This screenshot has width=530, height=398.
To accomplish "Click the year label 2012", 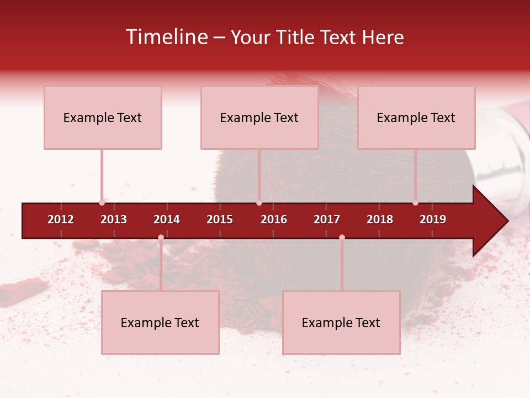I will pyautogui.click(x=61, y=219).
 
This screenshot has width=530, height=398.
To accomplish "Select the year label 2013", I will pyautogui.click(x=114, y=219).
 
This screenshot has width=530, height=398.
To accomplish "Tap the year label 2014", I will pyautogui.click(x=167, y=219).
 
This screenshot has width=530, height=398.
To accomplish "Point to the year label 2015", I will pyautogui.click(x=220, y=219).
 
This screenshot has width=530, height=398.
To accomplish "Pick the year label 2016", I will pyautogui.click(x=274, y=219).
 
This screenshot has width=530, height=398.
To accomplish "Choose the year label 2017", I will pyautogui.click(x=327, y=219).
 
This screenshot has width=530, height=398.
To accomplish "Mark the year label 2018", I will pyautogui.click(x=380, y=219).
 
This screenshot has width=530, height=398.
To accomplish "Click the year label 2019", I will pyautogui.click(x=433, y=219).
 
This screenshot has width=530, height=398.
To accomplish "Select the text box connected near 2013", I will pyautogui.click(x=103, y=117).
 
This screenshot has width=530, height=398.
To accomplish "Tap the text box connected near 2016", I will pyautogui.click(x=259, y=117).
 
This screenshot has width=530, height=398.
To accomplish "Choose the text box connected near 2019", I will pyautogui.click(x=416, y=117).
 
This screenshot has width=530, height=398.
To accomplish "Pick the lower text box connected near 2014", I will pyautogui.click(x=160, y=322).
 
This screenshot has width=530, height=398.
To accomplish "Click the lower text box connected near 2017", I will pyautogui.click(x=341, y=322).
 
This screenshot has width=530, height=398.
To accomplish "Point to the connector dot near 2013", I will pyautogui.click(x=102, y=202).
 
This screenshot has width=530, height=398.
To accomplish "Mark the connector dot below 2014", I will pyautogui.click(x=161, y=237).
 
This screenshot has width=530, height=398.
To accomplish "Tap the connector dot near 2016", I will pyautogui.click(x=259, y=202).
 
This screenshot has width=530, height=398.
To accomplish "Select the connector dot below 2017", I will pyautogui.click(x=342, y=237).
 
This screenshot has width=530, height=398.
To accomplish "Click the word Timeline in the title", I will pyautogui.click(x=167, y=37).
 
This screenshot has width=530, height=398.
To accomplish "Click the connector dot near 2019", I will pyautogui.click(x=415, y=202).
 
